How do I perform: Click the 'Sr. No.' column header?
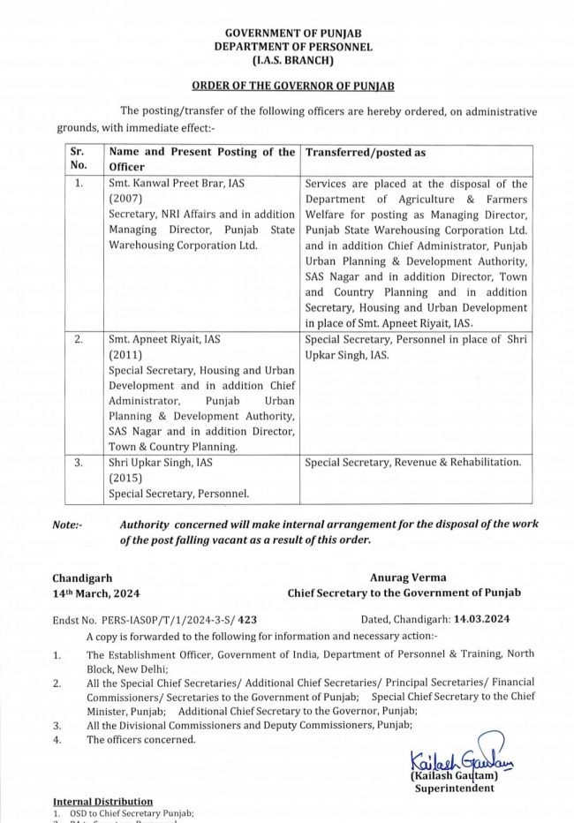click(x=79, y=158)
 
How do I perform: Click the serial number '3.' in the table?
click(x=79, y=462)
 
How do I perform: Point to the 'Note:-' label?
click(x=67, y=525)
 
